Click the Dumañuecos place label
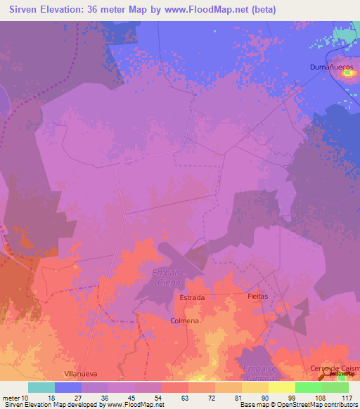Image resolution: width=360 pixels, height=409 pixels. (334, 67)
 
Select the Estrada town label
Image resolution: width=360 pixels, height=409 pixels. (192, 298)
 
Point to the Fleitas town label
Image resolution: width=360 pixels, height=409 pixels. (258, 297)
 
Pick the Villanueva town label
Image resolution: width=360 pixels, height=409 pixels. (80, 375)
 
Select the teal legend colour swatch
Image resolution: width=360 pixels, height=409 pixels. (41, 387)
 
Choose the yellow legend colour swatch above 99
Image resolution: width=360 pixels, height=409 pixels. (281, 387)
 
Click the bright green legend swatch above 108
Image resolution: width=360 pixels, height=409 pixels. (308, 387)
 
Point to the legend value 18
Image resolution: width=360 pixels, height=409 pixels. (55, 397)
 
